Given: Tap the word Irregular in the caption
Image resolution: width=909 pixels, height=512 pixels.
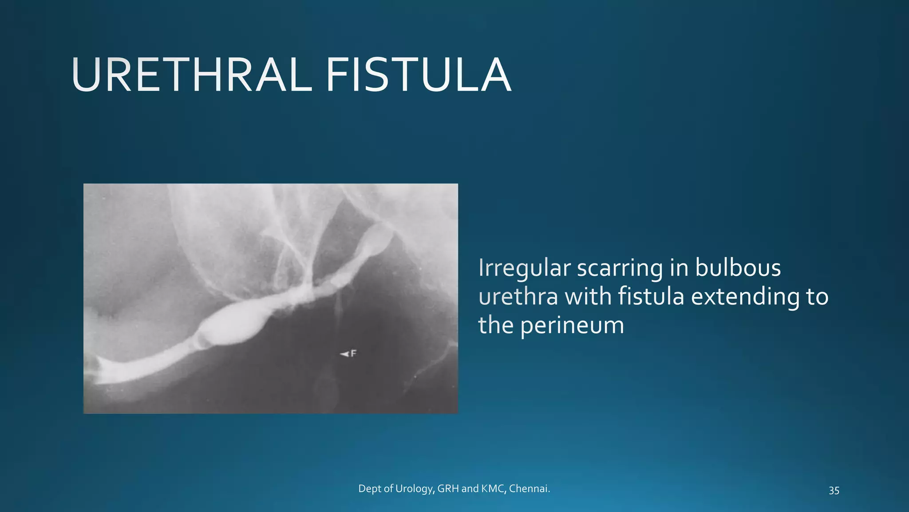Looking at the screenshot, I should pos(524,268).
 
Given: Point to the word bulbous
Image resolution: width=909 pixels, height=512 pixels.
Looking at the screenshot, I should pos(738,268).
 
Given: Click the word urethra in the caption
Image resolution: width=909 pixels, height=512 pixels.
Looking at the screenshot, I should pos(518,297).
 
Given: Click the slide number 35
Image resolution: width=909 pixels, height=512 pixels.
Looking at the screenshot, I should pos(834,490).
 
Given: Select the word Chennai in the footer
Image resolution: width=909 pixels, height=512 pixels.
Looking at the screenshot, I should pos(529,489).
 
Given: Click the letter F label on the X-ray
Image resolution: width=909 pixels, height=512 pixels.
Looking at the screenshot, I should pos(354,353).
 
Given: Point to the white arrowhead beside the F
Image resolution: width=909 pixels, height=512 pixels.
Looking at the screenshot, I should pos(344,354).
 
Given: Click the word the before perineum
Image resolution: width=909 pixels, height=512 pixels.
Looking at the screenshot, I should pos(495,325).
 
